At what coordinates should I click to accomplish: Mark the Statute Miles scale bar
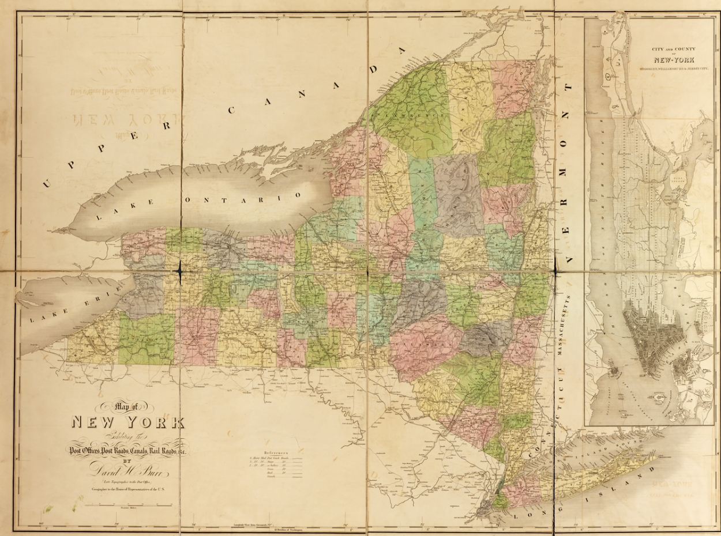128,505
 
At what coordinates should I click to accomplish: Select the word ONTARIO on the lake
242,198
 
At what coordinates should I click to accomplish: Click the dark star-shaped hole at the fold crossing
181,270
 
